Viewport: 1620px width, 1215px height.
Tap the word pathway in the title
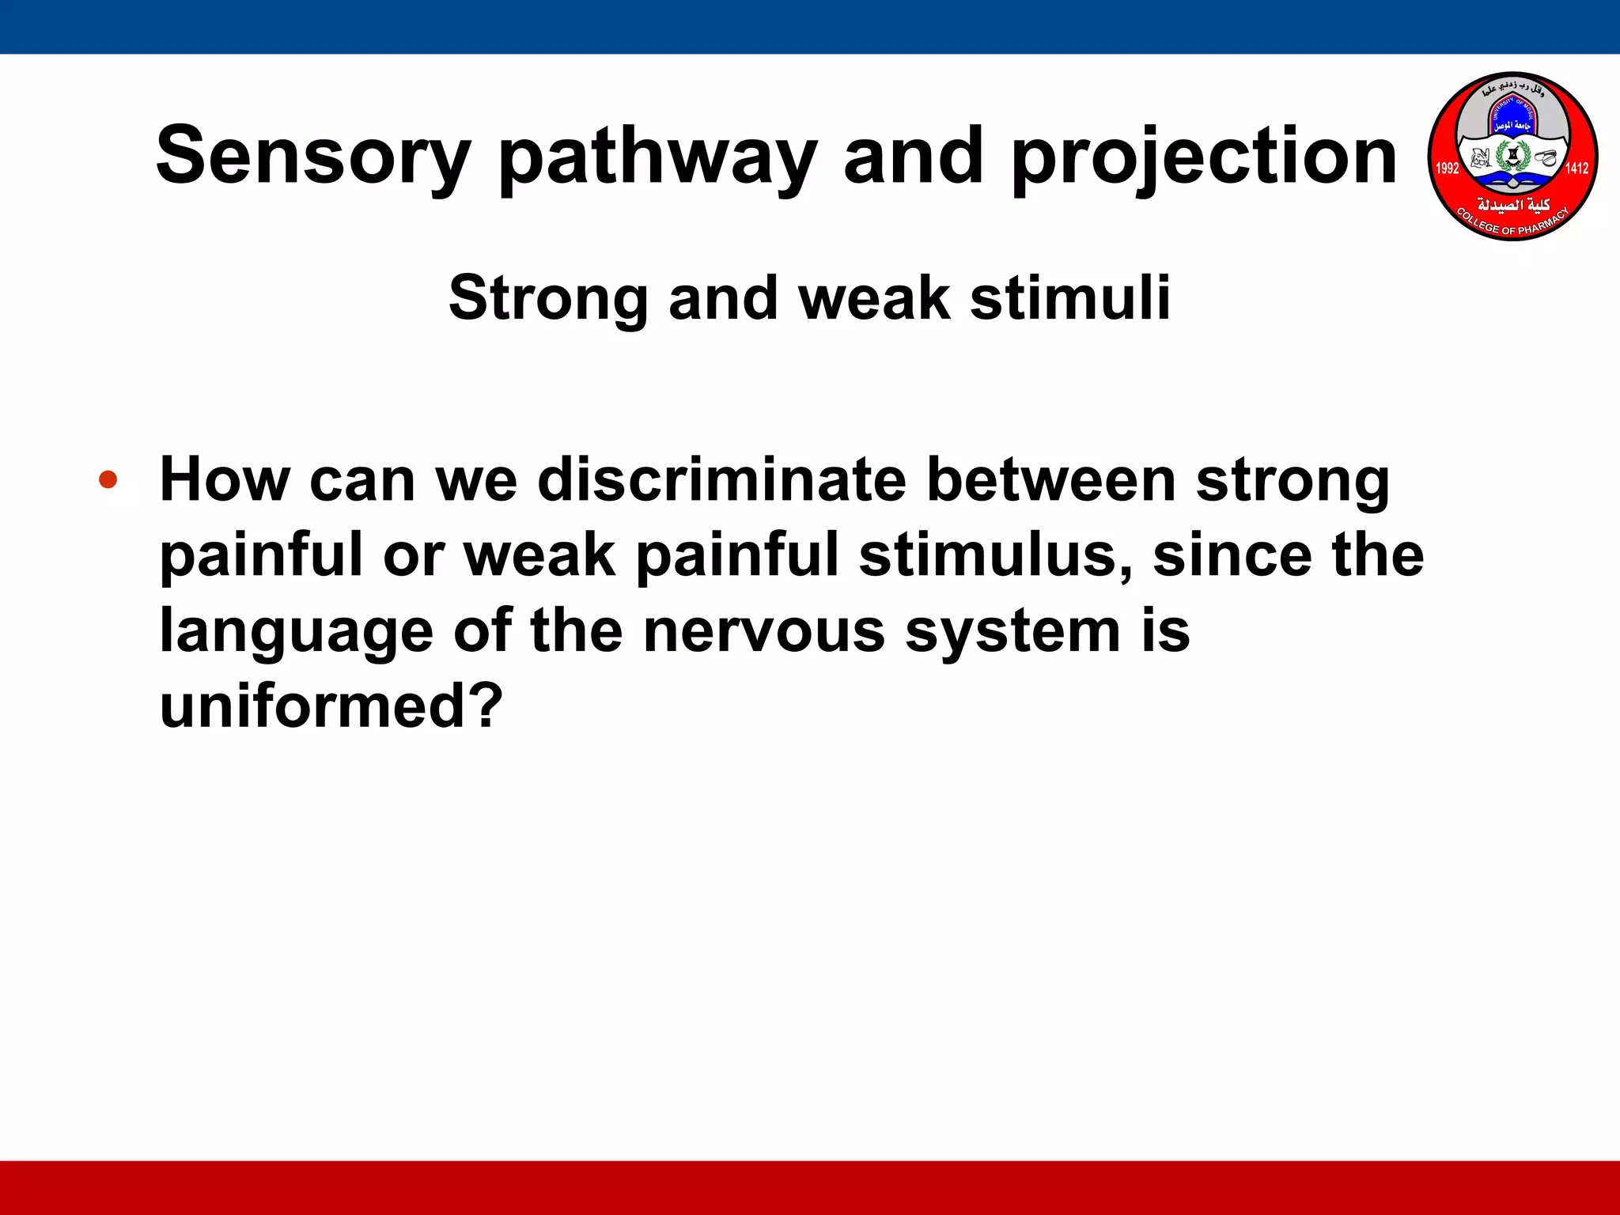click(657, 158)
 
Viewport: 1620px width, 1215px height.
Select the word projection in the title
click(1204, 158)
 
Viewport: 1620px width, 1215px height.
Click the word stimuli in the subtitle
click(1069, 298)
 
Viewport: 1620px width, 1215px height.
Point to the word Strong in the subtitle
click(548, 300)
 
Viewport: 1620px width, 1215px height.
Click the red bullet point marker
click(108, 479)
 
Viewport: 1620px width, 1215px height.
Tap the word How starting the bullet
click(225, 479)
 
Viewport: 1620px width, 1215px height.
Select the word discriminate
click(721, 479)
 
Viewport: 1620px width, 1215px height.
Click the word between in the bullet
click(1051, 479)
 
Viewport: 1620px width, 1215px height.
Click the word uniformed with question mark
click(331, 706)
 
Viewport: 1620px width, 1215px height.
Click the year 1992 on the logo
click(1447, 168)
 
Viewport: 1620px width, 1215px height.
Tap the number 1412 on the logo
click(1576, 168)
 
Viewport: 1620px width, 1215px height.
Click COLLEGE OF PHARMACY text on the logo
click(1512, 225)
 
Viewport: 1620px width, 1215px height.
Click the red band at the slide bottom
click(810, 1187)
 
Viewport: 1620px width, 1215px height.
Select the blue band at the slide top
click(810, 26)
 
